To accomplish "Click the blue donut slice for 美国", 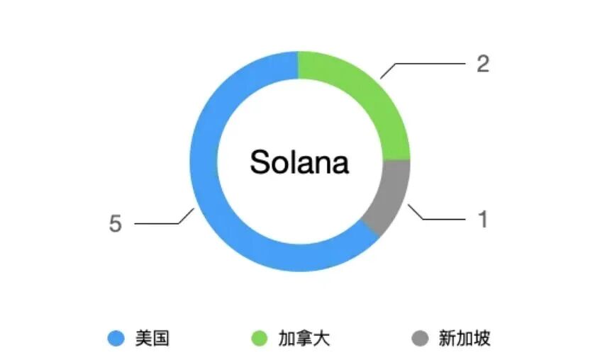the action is tap(213, 213).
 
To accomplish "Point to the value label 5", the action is tap(116, 224).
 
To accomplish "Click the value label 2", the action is tap(483, 64).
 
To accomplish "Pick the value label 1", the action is tap(483, 220).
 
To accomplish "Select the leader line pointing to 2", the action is tap(426, 64).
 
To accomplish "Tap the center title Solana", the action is tap(299, 162).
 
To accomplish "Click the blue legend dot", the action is tap(116, 339).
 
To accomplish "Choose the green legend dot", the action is tap(259, 339).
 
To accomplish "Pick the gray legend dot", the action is tap(420, 339).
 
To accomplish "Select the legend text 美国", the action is tap(152, 339).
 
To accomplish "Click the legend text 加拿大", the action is tap(304, 339).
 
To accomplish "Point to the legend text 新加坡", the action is tap(465, 339).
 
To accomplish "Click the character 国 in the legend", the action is tap(161, 339).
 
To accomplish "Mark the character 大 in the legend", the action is tap(321, 339).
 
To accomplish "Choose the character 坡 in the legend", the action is tap(482, 339).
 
